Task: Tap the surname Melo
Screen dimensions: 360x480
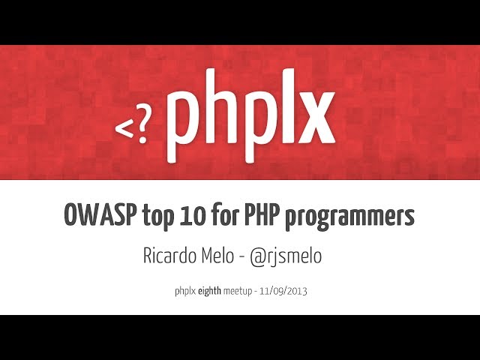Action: (x=220, y=255)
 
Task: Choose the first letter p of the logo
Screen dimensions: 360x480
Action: (x=183, y=127)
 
